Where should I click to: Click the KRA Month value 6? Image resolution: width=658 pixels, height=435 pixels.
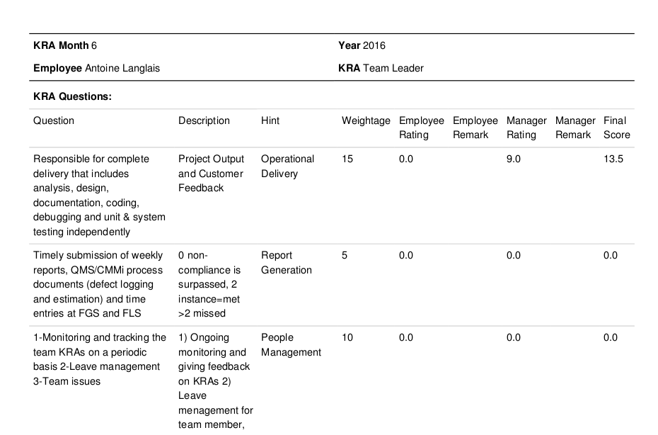click(94, 45)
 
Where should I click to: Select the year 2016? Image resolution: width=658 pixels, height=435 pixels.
click(374, 45)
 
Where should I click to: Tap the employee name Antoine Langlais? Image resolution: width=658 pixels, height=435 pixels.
click(122, 68)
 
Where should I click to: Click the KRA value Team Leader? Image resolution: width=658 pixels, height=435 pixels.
click(393, 68)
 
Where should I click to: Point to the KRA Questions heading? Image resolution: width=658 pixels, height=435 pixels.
click(73, 96)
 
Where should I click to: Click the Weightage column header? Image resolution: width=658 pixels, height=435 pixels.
click(366, 120)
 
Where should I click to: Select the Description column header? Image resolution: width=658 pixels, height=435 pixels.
click(204, 120)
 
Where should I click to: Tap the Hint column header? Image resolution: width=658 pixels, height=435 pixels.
click(270, 120)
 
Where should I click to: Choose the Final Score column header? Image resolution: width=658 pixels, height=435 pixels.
click(617, 128)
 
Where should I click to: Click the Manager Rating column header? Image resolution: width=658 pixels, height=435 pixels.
click(526, 128)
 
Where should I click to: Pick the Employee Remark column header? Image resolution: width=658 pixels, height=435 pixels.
click(475, 128)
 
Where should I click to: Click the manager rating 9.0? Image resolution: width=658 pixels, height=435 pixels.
click(514, 159)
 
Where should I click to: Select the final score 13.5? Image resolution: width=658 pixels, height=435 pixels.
click(613, 159)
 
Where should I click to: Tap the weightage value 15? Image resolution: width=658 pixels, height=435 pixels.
click(347, 159)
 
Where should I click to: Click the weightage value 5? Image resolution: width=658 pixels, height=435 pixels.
click(345, 256)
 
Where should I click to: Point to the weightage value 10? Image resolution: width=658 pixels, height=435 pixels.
click(347, 337)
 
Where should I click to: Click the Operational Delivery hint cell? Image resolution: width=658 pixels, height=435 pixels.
click(287, 166)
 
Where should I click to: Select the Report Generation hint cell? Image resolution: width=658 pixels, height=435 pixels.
click(287, 263)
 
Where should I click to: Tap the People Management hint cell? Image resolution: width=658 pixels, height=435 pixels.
click(291, 344)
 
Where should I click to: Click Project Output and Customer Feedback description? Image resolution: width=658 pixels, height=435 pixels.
click(211, 173)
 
